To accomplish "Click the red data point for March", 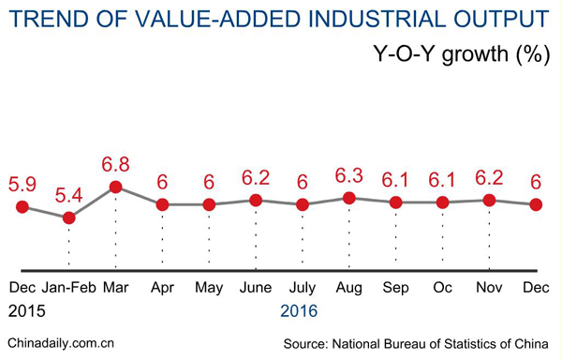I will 115,187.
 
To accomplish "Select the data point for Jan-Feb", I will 68,217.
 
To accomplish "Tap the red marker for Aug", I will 348,198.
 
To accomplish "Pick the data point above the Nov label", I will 489,200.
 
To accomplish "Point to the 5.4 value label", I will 68,196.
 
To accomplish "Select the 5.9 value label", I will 22,185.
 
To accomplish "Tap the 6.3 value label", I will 348,175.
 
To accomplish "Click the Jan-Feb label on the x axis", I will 68,287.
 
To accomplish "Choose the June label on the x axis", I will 255,287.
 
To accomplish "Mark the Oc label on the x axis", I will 442,287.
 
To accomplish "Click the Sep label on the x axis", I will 395,287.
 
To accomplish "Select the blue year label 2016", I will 299,310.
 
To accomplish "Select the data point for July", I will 302,204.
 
